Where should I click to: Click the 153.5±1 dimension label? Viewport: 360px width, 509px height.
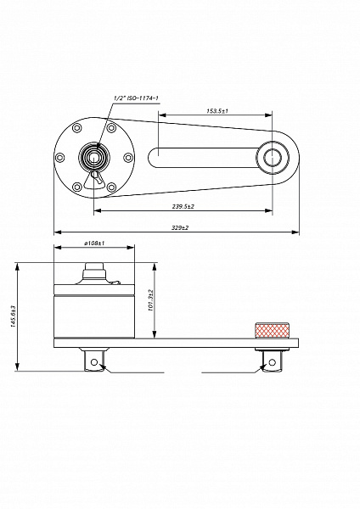point(217,111)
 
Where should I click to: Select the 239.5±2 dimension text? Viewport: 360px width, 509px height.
point(183,206)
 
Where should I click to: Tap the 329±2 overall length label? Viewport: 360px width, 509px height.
point(180,227)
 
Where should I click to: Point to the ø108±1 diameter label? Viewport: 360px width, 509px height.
point(94,243)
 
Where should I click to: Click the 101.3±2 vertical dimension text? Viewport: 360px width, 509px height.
point(151,300)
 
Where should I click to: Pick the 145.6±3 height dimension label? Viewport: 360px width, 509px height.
point(13,316)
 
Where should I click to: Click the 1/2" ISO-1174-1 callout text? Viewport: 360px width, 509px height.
point(137,98)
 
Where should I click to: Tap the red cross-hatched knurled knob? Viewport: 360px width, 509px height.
point(273,330)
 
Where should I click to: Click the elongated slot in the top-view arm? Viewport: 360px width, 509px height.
point(203,158)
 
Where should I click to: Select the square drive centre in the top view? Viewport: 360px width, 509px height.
point(94,158)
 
